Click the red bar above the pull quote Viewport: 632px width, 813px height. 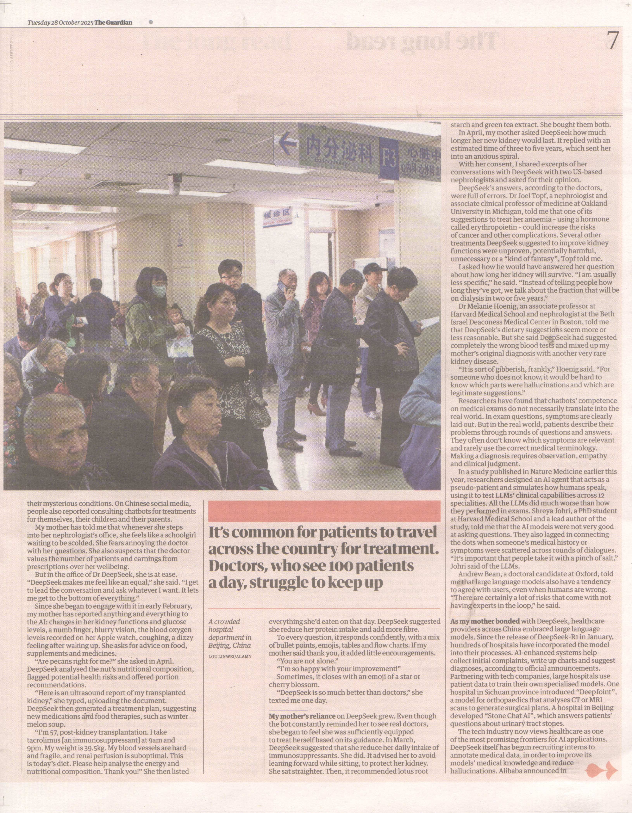tap(324, 511)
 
